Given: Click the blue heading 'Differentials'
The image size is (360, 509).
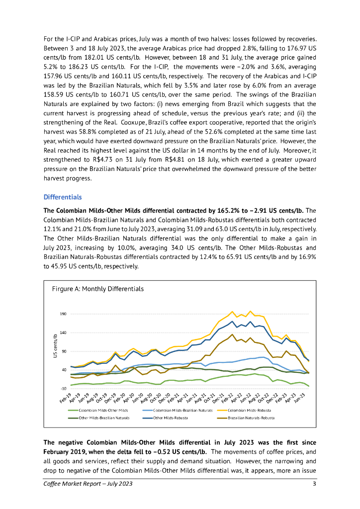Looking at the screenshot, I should pos(62,197).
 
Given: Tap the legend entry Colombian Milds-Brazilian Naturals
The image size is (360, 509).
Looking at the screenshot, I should pos(182,410).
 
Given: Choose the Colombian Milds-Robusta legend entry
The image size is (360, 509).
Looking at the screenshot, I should pos(251,410).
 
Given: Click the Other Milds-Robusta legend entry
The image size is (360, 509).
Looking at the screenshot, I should pos(173,418).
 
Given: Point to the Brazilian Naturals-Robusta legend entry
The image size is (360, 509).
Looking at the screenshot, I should pos(251,418).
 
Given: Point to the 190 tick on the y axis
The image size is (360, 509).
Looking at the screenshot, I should pos(63,314).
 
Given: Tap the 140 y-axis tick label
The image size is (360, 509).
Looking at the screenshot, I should pos(63,333).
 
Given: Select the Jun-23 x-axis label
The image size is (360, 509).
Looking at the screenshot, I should pos(299,397).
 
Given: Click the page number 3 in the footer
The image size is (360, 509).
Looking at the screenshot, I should pos(314,484).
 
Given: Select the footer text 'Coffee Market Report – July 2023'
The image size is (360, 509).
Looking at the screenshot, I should pos(88,484).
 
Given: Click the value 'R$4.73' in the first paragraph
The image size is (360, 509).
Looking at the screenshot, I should pos(114,160).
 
